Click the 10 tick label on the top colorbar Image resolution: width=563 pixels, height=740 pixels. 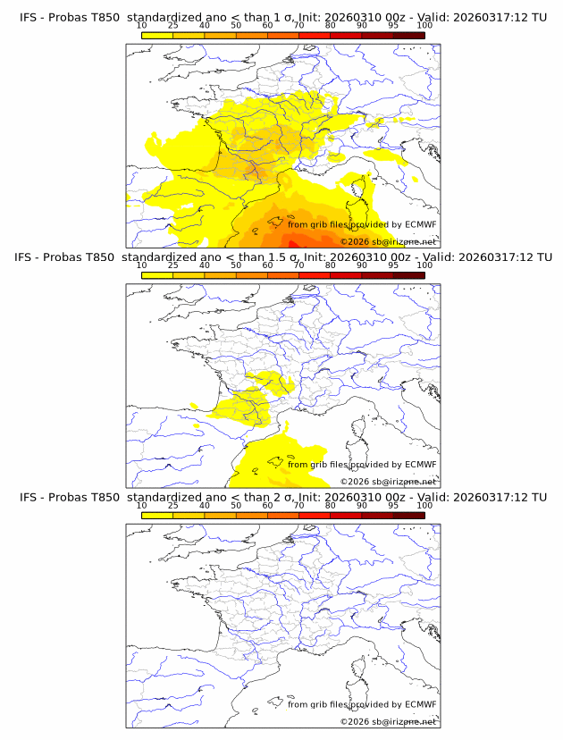click(x=142, y=25)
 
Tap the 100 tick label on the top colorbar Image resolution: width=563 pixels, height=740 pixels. click(x=424, y=25)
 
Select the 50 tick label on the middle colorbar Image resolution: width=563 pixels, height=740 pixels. click(x=236, y=265)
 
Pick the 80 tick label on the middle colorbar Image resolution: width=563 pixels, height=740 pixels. click(x=331, y=265)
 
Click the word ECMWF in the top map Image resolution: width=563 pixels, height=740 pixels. click(x=420, y=225)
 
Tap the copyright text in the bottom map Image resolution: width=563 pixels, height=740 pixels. click(x=388, y=721)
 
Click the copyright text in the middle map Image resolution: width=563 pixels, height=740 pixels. click(x=388, y=482)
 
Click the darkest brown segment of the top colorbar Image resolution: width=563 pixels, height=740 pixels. click(x=409, y=35)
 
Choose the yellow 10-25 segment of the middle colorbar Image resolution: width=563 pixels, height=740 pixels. click(x=157, y=275)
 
